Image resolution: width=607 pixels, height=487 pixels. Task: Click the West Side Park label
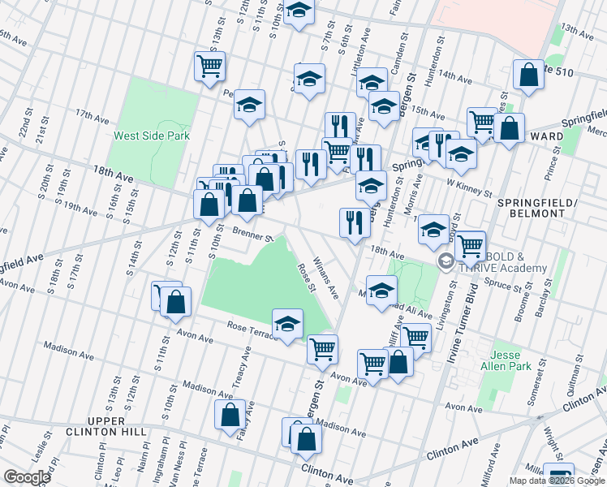152,136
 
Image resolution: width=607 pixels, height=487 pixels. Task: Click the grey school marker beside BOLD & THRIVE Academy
446,261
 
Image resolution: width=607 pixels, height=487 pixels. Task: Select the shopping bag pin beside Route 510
528,75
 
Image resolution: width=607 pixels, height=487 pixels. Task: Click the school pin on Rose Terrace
286,324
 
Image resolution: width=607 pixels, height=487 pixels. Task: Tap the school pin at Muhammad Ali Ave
381,290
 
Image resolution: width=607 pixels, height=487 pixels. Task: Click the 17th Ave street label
92,116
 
